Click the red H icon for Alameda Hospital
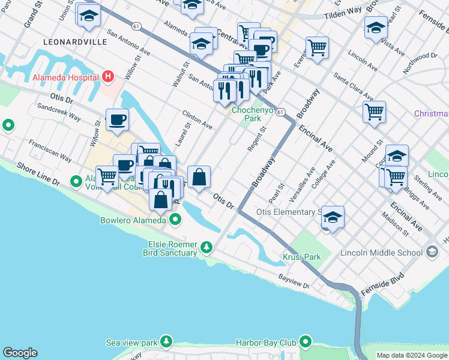pos(108,77)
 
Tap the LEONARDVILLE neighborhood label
pos(75,42)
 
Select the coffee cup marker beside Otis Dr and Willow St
pos(117,119)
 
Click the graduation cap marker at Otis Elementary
pos(333,217)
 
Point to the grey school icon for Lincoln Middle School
pos(432,253)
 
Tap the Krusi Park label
pos(302,257)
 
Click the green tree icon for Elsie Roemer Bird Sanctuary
pos(206,247)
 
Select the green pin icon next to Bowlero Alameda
pos(175,220)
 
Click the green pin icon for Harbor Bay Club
pos(306,343)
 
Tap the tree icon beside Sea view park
pos(165,343)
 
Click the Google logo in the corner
pos(20,353)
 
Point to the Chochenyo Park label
pos(253,114)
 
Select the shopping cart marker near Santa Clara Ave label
pos(374,112)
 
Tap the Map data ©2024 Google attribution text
pos(412,355)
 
